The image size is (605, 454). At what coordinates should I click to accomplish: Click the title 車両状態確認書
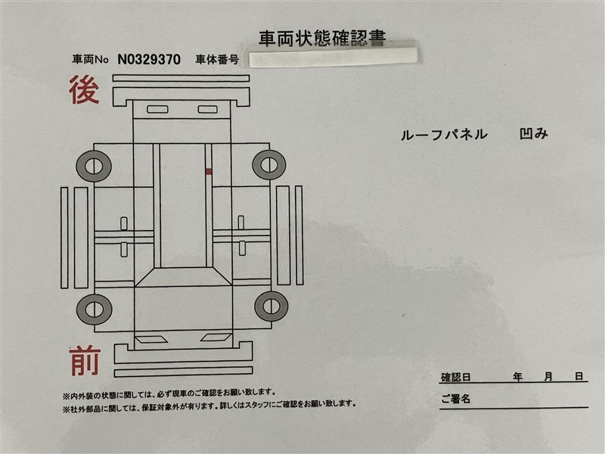click(x=322, y=39)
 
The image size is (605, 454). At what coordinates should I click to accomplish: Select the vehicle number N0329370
click(x=149, y=60)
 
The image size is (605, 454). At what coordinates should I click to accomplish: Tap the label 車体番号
click(x=217, y=60)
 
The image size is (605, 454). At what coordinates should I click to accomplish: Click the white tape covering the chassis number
click(x=333, y=58)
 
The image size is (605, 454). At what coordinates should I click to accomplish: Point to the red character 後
click(x=84, y=90)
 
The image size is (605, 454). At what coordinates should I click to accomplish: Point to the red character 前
click(x=85, y=361)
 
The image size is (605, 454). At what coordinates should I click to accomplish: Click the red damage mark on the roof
click(x=209, y=172)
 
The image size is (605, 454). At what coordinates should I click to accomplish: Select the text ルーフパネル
click(x=444, y=135)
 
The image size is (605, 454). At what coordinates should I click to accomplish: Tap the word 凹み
click(x=534, y=134)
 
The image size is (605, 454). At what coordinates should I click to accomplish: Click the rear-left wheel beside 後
click(x=94, y=166)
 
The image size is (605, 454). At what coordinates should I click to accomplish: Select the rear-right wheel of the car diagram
click(x=269, y=165)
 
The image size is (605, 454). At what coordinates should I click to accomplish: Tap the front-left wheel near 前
click(x=94, y=309)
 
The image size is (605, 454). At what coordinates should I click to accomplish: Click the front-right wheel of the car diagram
click(x=271, y=306)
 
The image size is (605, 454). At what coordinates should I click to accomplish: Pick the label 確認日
click(x=456, y=377)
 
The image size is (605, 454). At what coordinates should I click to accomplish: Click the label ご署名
click(x=456, y=399)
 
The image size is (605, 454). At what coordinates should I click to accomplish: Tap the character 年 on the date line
click(x=518, y=376)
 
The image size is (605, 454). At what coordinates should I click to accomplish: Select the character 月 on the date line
click(x=549, y=376)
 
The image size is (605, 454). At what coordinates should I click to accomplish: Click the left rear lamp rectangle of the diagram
click(x=157, y=109)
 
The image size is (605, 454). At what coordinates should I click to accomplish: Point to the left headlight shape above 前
click(x=150, y=340)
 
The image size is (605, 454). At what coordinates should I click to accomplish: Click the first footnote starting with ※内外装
click(x=169, y=393)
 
